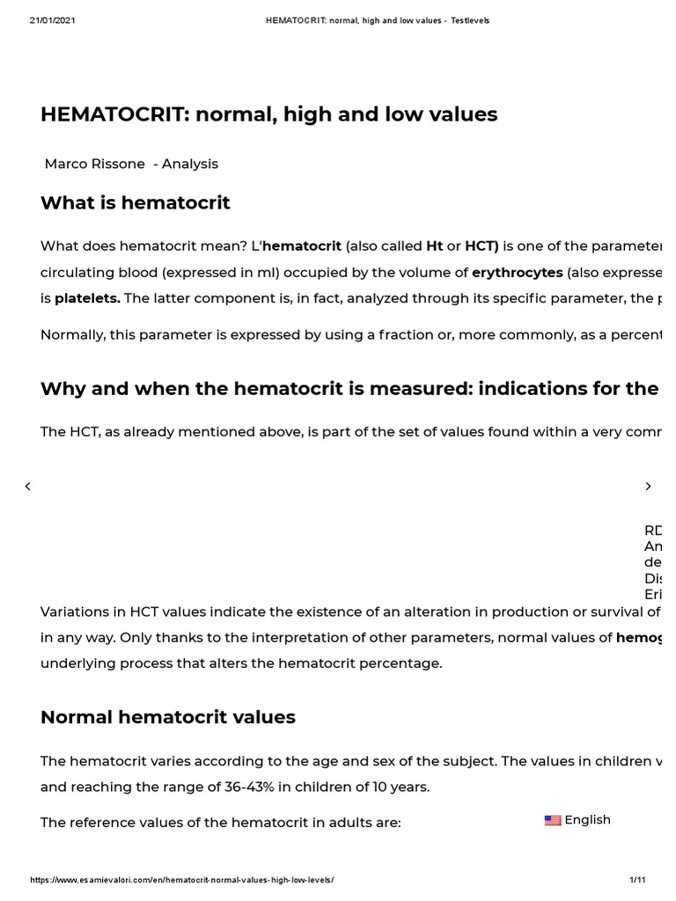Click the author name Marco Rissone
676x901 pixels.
[95, 164]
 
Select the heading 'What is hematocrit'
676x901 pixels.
[136, 203]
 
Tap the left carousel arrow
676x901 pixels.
[27, 487]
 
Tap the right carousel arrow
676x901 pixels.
[649, 487]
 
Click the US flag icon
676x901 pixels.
[553, 820]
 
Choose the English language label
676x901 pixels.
[587, 820]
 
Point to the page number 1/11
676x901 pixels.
[637, 880]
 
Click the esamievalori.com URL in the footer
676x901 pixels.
[183, 880]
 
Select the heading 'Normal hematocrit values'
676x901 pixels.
[168, 717]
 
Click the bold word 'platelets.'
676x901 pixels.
[87, 298]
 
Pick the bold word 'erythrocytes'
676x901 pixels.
[517, 272]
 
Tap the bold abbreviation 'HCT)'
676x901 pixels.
[481, 245]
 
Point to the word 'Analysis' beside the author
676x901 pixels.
[189, 164]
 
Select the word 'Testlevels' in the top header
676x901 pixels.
[470, 20]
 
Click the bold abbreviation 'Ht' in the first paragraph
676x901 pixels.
[434, 245]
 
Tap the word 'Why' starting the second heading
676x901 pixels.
[61, 389]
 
